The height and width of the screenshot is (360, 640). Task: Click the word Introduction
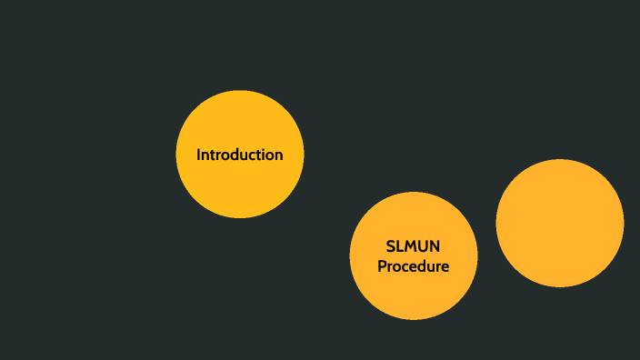[x=240, y=155]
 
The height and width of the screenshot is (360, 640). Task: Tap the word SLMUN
[x=414, y=246]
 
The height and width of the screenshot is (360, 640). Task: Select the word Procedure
[x=414, y=266]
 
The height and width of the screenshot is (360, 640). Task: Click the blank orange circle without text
[x=560, y=223]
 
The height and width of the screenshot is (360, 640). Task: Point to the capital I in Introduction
[x=199, y=155]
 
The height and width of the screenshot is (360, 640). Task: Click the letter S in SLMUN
[x=390, y=246]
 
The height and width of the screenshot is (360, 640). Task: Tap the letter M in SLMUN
[x=410, y=246]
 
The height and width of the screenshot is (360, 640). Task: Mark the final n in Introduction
[x=278, y=155]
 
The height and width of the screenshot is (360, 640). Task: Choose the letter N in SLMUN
[x=437, y=246]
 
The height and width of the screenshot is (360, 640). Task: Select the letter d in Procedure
[x=420, y=266]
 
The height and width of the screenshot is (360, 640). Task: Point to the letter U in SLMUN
[x=424, y=246]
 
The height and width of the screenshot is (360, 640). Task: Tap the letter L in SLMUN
[x=399, y=246]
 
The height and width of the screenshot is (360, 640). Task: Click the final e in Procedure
[x=445, y=266]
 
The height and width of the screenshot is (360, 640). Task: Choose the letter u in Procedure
[x=429, y=266]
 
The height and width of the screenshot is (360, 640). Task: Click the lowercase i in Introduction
[x=264, y=155]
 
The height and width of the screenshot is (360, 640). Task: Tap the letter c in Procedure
[x=404, y=266]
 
